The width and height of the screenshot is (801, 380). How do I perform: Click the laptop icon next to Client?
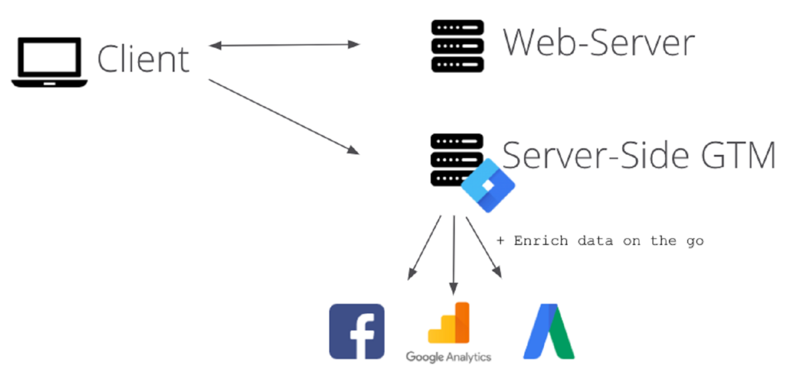[x=49, y=61]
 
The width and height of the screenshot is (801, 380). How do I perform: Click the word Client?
[x=144, y=59]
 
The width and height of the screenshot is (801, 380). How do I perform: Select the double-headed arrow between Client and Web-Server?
[x=284, y=45]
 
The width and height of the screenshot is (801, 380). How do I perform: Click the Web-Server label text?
[x=599, y=43]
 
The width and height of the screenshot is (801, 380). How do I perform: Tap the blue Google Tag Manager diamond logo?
[x=488, y=186]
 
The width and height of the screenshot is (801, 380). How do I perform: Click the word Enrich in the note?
[x=541, y=241]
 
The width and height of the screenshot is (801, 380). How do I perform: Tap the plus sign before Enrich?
[x=501, y=241]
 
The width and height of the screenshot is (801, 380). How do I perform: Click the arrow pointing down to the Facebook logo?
[x=425, y=246]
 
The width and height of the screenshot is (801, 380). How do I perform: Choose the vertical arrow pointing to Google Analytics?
[x=454, y=254]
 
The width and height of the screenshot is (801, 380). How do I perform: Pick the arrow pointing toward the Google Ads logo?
[x=483, y=246]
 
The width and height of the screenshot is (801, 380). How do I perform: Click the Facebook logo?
[x=357, y=332]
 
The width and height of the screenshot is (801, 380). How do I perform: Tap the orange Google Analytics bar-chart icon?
[x=449, y=324]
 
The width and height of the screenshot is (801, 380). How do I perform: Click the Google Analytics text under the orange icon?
[x=449, y=357]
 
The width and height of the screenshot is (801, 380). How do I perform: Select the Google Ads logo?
[x=549, y=332]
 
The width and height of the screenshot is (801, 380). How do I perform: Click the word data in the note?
[x=595, y=241]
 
